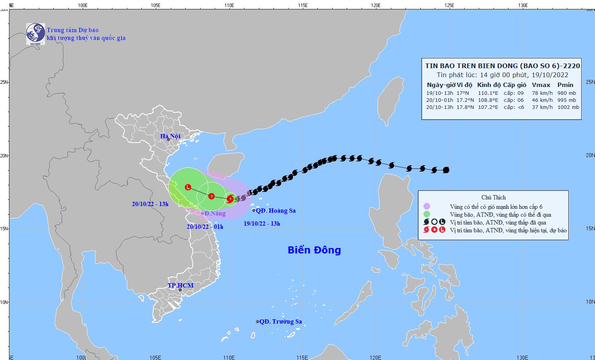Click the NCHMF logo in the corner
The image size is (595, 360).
point(35,34)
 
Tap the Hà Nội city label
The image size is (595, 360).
point(170,136)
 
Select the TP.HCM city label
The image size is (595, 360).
point(181,285)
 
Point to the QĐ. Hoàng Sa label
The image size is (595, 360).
point(276,211)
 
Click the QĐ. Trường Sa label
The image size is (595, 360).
point(280,322)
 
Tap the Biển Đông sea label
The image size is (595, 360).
point(314,250)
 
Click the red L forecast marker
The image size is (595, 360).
point(188,187)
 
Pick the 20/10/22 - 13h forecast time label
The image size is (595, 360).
point(150,204)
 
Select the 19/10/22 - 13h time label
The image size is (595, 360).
point(262,224)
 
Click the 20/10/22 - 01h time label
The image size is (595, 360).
point(205,227)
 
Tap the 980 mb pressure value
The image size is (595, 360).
point(567,93)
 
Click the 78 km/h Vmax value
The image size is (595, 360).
point(542,93)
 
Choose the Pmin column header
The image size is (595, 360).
point(565,85)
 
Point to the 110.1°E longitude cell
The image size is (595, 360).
point(488,93)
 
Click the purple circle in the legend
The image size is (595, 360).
point(427,206)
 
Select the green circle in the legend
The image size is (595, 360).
point(427,214)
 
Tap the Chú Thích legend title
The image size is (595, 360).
point(494,197)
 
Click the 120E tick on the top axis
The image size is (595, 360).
point(376,5)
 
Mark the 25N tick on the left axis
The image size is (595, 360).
point(4,82)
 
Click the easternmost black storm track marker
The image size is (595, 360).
point(446,170)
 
